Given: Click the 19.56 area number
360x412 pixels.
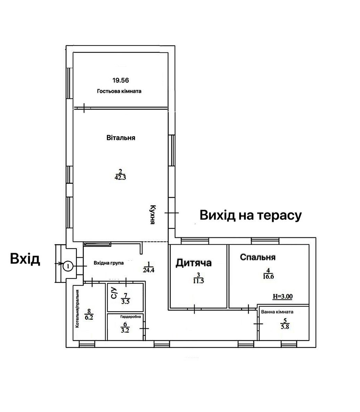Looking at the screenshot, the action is point(121,80).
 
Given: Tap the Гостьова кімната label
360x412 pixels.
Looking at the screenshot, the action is point(119,91).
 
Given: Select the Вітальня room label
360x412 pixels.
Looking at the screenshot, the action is point(121,138).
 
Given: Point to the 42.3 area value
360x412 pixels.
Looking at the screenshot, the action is point(120,177).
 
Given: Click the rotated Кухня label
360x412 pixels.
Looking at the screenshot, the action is point(153,215).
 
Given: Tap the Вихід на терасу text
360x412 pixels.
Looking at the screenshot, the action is point(251,215).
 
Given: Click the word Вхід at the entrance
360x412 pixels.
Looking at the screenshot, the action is point(25,259).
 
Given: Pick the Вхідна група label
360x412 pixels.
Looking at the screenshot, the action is point(109,263).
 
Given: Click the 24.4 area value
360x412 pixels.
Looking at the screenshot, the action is point(149,270).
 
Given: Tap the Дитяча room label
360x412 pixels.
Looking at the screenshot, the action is point(194,263).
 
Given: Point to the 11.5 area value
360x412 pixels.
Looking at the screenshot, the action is point(198,281).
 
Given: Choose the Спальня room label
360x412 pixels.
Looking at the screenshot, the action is point(258,257).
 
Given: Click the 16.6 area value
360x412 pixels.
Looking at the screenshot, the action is point(268,276).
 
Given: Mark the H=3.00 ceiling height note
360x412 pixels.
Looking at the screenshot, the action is point(283,297).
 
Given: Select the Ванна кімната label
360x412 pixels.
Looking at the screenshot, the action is point(277,312).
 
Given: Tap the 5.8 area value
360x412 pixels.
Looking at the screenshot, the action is point(285,327).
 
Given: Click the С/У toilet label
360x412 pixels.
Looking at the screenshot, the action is point(114,293).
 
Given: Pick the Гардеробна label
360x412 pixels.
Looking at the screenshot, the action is point(131,317).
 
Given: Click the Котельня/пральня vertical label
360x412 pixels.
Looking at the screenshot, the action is point(77,309).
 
